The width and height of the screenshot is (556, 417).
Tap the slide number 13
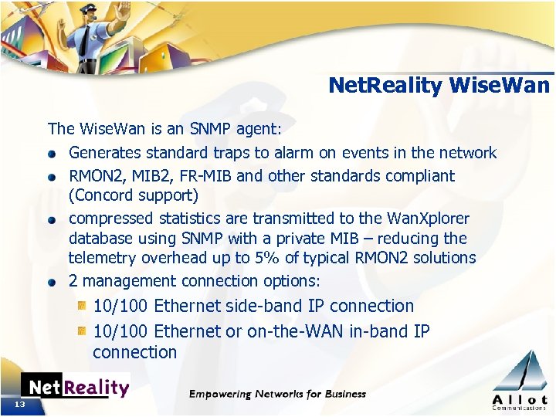[19, 405]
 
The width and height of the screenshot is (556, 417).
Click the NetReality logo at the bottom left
[75, 387]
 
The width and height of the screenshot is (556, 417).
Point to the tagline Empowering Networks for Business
[278, 394]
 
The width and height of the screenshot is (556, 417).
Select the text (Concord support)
[134, 195]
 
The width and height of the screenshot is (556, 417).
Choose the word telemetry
[100, 258]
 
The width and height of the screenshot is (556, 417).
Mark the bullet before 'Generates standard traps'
[51, 153]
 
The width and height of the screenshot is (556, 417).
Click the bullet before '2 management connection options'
[51, 282]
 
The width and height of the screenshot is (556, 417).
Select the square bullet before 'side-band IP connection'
[81, 307]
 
